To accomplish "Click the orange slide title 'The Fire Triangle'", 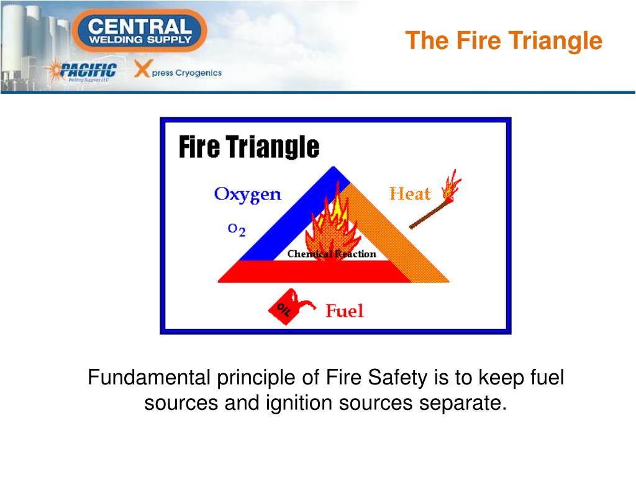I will pos(504,41).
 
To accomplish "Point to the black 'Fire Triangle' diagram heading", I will pos(249,148).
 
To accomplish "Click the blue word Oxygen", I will pos(247,194).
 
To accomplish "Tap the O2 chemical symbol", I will pos(237,230).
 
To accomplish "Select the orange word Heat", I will pos(409,194).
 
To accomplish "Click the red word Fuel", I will pos(345,310).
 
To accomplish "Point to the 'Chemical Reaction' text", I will pos(332,253).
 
